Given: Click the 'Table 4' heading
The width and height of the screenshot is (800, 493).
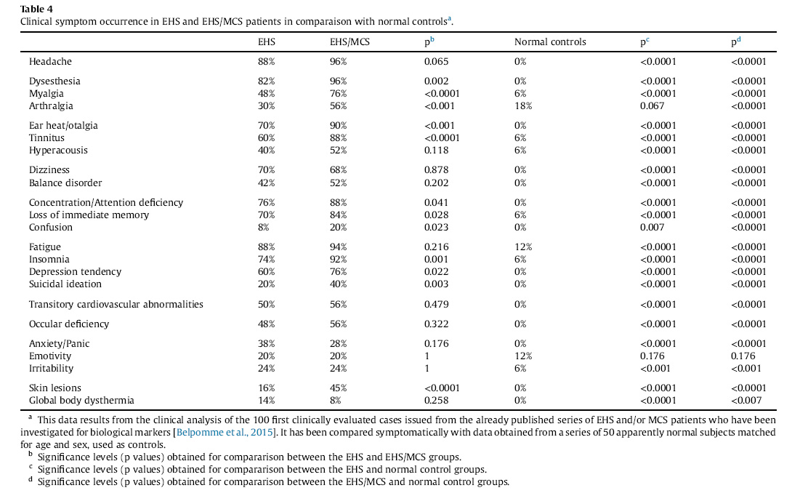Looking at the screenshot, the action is (36, 9).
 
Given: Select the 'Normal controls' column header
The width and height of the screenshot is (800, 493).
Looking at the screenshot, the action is (550, 42).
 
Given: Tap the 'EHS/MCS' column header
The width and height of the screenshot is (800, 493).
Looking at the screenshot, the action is (350, 42).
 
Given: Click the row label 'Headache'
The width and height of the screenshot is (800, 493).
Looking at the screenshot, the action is (51, 61).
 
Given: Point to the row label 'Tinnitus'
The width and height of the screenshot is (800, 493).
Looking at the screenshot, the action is (47, 138).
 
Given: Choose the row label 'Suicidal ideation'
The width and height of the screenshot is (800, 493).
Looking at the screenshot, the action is (65, 284).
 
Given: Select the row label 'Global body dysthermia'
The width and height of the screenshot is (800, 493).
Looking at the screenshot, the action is (81, 400).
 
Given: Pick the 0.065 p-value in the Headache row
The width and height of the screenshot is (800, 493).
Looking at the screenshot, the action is (436, 61).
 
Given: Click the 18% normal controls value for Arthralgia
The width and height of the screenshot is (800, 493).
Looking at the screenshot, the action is (523, 105).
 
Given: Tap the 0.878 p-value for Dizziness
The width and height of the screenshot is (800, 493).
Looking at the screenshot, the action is (436, 169).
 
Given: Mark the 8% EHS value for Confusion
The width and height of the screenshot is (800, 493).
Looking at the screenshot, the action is (263, 227).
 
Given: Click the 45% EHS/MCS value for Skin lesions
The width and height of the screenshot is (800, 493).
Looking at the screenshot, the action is (339, 388).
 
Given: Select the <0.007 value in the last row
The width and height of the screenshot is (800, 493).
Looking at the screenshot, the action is (746, 400).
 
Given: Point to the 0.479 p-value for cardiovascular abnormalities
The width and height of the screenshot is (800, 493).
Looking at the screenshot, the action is (436, 304).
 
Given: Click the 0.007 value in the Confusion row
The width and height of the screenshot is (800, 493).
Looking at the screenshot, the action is (652, 227).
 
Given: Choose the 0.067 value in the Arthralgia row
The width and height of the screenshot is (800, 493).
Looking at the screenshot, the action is (652, 105).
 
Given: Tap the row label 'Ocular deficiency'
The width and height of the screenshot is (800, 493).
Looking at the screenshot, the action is (69, 324).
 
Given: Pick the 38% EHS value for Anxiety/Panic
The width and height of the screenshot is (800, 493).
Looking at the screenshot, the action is (267, 343).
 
